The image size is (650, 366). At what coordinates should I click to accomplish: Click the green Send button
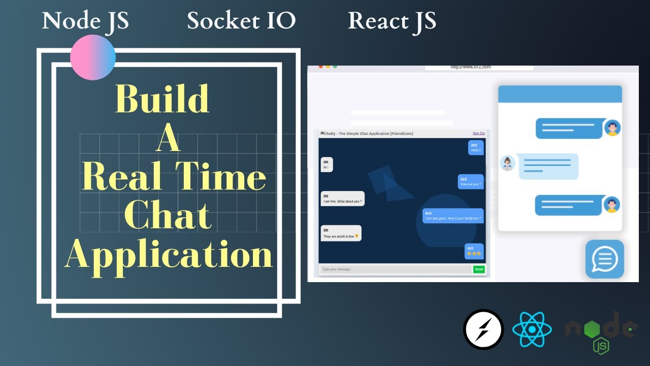pos(479,269)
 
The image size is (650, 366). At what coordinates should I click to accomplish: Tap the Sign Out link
pos(478,134)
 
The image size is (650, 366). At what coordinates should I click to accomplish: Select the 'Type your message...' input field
pos(395,269)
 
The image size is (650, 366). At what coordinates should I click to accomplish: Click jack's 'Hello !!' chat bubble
pos(476,148)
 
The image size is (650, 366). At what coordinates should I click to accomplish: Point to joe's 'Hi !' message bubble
pos(327,165)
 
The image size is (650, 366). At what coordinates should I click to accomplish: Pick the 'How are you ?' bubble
pos(471,181)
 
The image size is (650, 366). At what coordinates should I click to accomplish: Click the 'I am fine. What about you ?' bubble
pos(342,199)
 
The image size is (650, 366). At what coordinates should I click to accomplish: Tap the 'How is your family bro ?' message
pos(453,216)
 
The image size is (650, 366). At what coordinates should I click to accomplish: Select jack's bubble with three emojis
pos(474,251)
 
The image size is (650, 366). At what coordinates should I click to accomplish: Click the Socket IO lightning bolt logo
pos(483,329)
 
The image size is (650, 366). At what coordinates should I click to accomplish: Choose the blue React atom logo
pos(532,329)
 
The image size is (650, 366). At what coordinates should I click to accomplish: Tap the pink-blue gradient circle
pos(93,57)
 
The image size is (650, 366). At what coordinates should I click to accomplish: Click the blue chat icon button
pos(604,259)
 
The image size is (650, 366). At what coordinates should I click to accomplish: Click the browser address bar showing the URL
pos(479,67)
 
